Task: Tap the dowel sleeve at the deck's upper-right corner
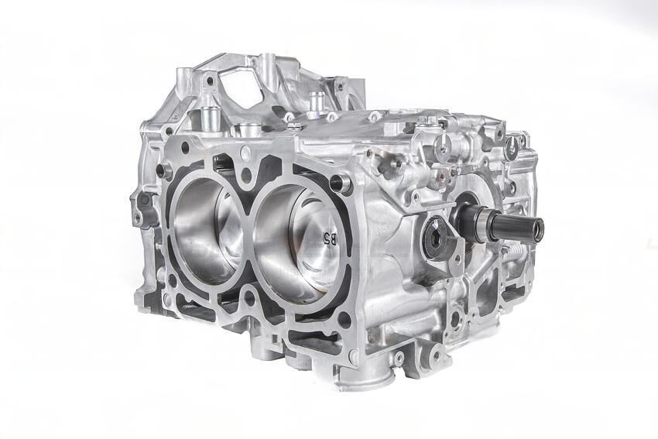tap(338, 183)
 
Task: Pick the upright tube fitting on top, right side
tap(315, 101)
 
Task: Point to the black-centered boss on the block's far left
tap(143, 200)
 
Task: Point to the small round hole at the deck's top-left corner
tap(185, 145)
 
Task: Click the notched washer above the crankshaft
tap(444, 149)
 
